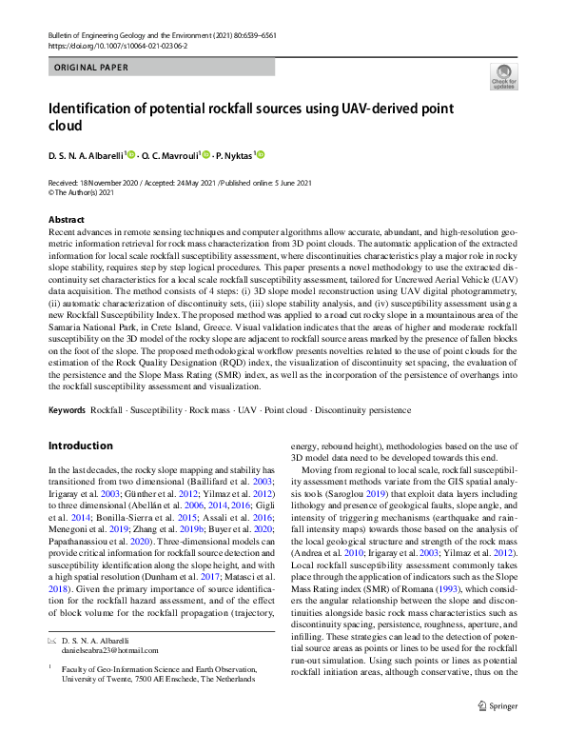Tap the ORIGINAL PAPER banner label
(88, 69)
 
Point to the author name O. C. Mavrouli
(167, 155)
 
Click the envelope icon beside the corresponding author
(52, 643)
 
